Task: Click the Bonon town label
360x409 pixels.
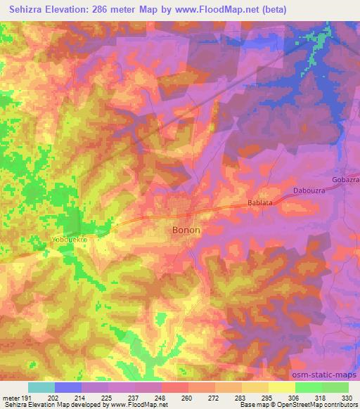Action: point(186,230)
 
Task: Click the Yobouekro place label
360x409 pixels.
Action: point(69,239)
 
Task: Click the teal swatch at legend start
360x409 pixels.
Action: point(41,387)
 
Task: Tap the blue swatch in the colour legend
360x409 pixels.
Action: point(68,387)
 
